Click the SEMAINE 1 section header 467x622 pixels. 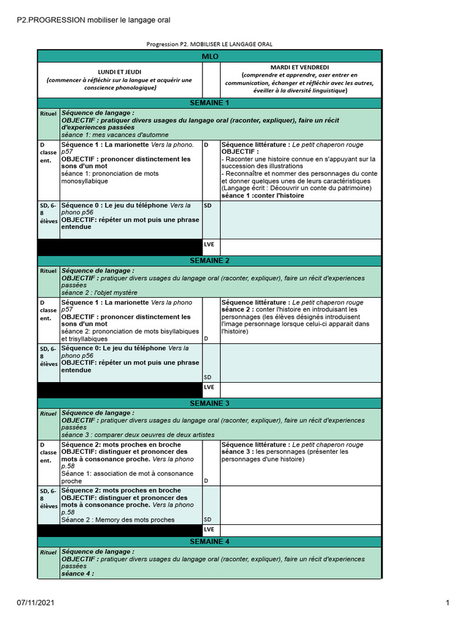click(210, 103)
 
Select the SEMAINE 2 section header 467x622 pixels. click(210, 261)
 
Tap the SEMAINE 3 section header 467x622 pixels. click(210, 403)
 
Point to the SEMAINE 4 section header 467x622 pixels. click(210, 541)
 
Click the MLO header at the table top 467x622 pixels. click(210, 56)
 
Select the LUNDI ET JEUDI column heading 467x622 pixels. click(119, 72)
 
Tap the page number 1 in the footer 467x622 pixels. click(447, 603)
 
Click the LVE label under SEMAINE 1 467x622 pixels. click(209, 245)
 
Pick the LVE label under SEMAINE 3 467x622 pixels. click(209, 530)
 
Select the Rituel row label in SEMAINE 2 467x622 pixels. click(47, 271)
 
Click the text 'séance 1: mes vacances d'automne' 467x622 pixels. click(114, 135)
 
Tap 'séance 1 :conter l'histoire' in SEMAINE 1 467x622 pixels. click(263, 196)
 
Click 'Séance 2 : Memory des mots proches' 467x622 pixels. click(117, 519)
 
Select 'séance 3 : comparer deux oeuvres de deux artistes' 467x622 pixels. click(134, 435)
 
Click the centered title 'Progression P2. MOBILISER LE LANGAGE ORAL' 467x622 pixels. click(210, 44)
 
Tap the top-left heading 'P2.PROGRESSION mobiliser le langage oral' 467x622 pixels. click(93, 20)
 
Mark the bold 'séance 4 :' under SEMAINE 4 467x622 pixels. click(77, 573)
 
